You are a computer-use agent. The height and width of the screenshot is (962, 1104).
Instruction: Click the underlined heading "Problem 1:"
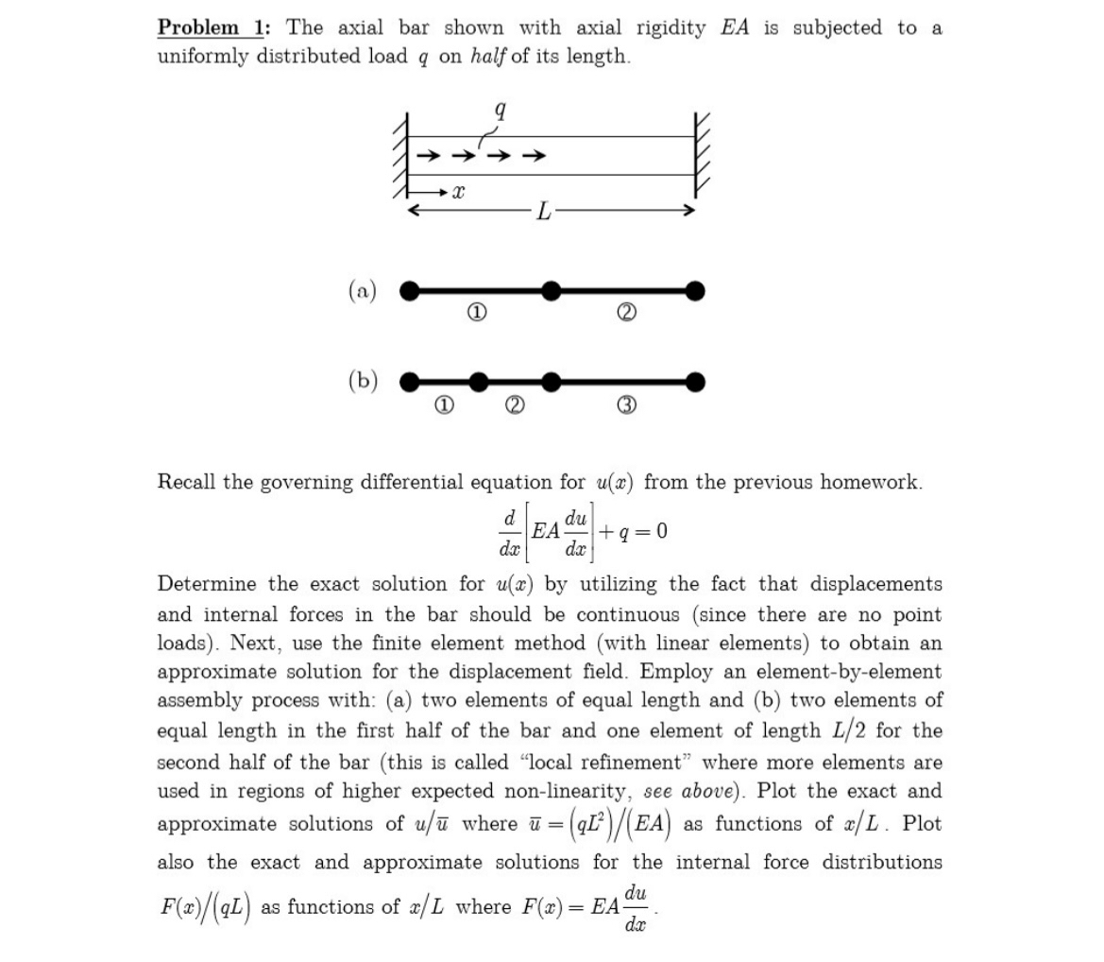tap(212, 27)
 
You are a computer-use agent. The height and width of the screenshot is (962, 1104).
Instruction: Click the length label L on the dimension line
tap(543, 211)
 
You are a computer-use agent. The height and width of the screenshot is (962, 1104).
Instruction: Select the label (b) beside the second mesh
tap(362, 381)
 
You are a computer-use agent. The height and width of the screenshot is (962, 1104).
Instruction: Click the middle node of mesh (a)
tap(552, 290)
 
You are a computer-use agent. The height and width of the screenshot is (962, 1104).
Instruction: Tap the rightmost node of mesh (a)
tap(695, 290)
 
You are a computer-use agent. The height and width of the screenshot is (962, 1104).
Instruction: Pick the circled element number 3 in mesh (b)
tap(624, 405)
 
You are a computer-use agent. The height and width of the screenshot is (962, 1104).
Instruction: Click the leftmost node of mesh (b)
tap(409, 382)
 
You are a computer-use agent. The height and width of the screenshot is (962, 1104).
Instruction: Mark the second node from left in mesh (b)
tap(480, 382)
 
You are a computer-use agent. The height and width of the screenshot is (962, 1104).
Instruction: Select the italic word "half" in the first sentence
tap(487, 56)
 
